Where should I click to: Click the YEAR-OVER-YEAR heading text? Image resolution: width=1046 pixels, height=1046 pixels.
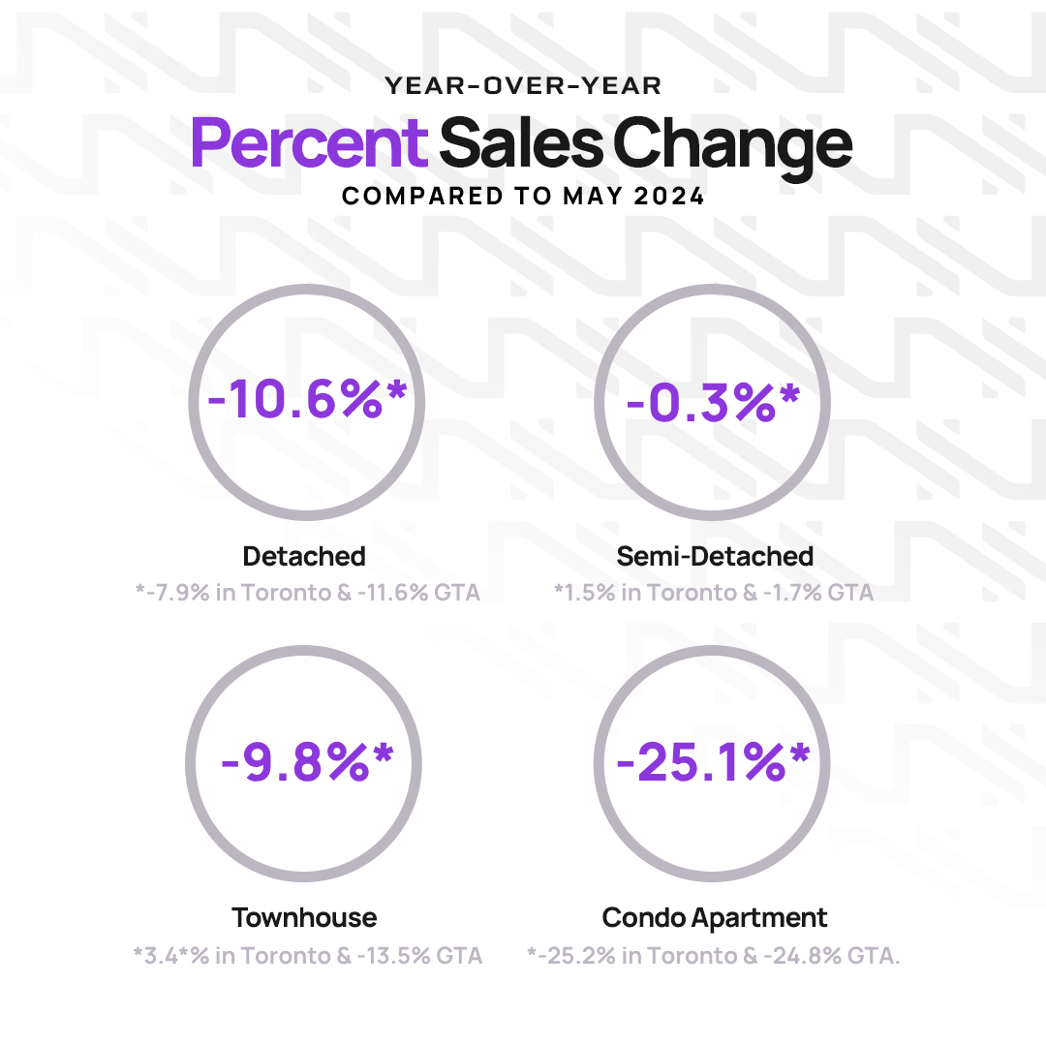point(523,86)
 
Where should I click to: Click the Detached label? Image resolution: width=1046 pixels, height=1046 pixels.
point(304,557)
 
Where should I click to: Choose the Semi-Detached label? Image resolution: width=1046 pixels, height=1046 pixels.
point(715,557)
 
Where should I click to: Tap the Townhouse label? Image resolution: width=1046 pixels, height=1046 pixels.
point(304,917)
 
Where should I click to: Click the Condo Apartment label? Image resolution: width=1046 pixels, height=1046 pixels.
point(715,917)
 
